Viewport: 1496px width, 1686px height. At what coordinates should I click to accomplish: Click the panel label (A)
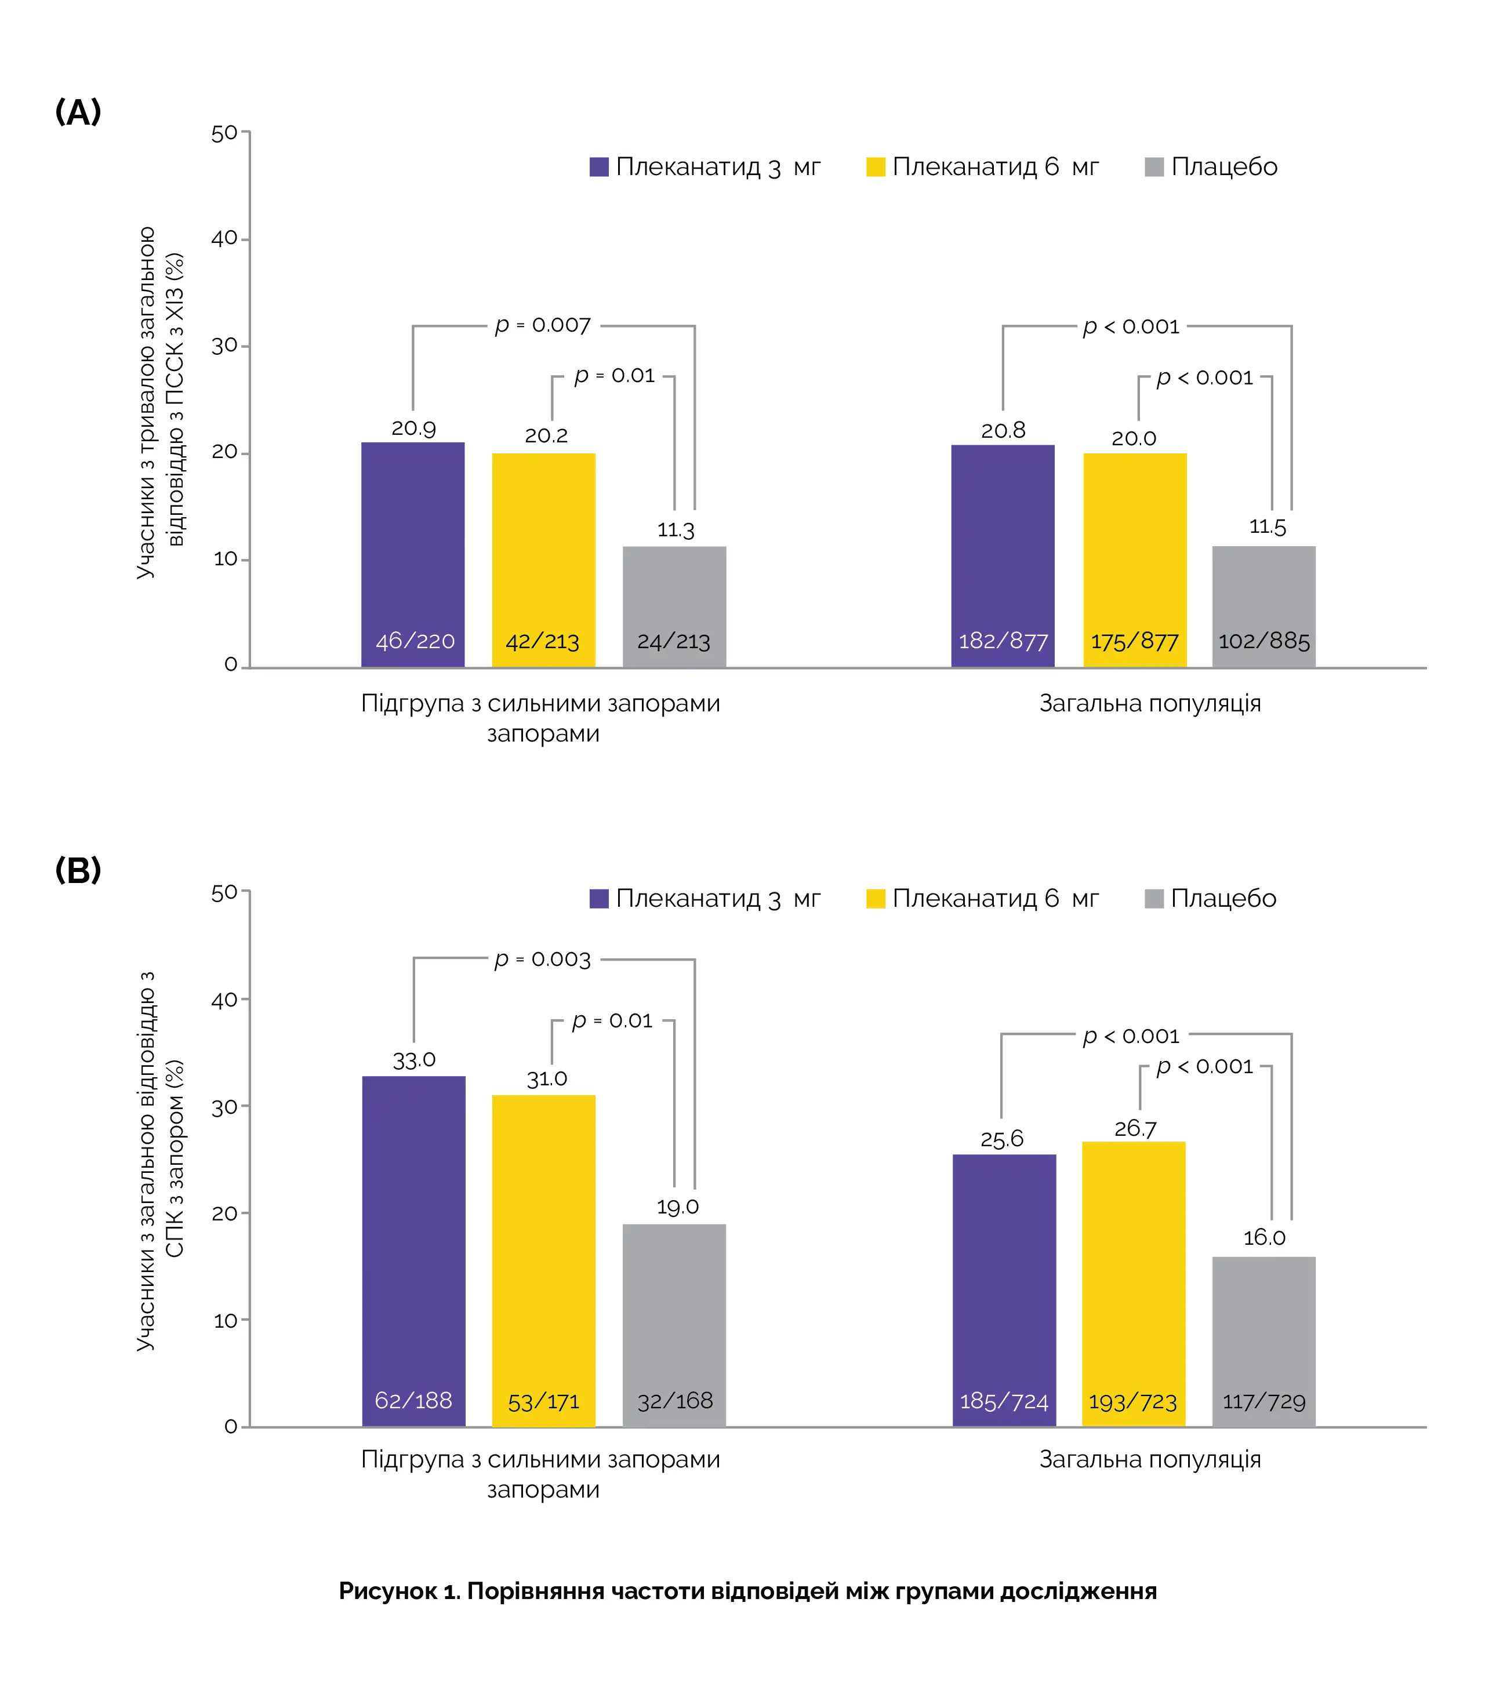pyautogui.click(x=78, y=111)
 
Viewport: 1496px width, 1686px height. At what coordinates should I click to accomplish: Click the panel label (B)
pyautogui.click(x=78, y=870)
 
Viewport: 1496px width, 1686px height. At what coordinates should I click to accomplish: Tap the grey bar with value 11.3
pyautogui.click(x=674, y=606)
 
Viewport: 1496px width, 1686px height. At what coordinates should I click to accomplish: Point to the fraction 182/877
pyautogui.click(x=1003, y=641)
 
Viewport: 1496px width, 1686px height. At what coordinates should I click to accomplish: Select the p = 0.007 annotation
pyautogui.click(x=543, y=326)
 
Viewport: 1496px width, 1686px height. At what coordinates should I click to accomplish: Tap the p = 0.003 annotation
pyautogui.click(x=543, y=960)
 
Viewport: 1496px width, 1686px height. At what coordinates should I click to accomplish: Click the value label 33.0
pyautogui.click(x=413, y=1060)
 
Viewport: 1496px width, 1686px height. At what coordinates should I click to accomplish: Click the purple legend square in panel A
pyautogui.click(x=599, y=166)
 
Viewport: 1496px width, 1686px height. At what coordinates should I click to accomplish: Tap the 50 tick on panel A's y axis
pyautogui.click(x=224, y=133)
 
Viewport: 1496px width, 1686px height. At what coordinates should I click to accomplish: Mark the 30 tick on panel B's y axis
pyautogui.click(x=224, y=1107)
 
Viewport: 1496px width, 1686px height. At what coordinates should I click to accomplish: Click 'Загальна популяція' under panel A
pyautogui.click(x=1149, y=704)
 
